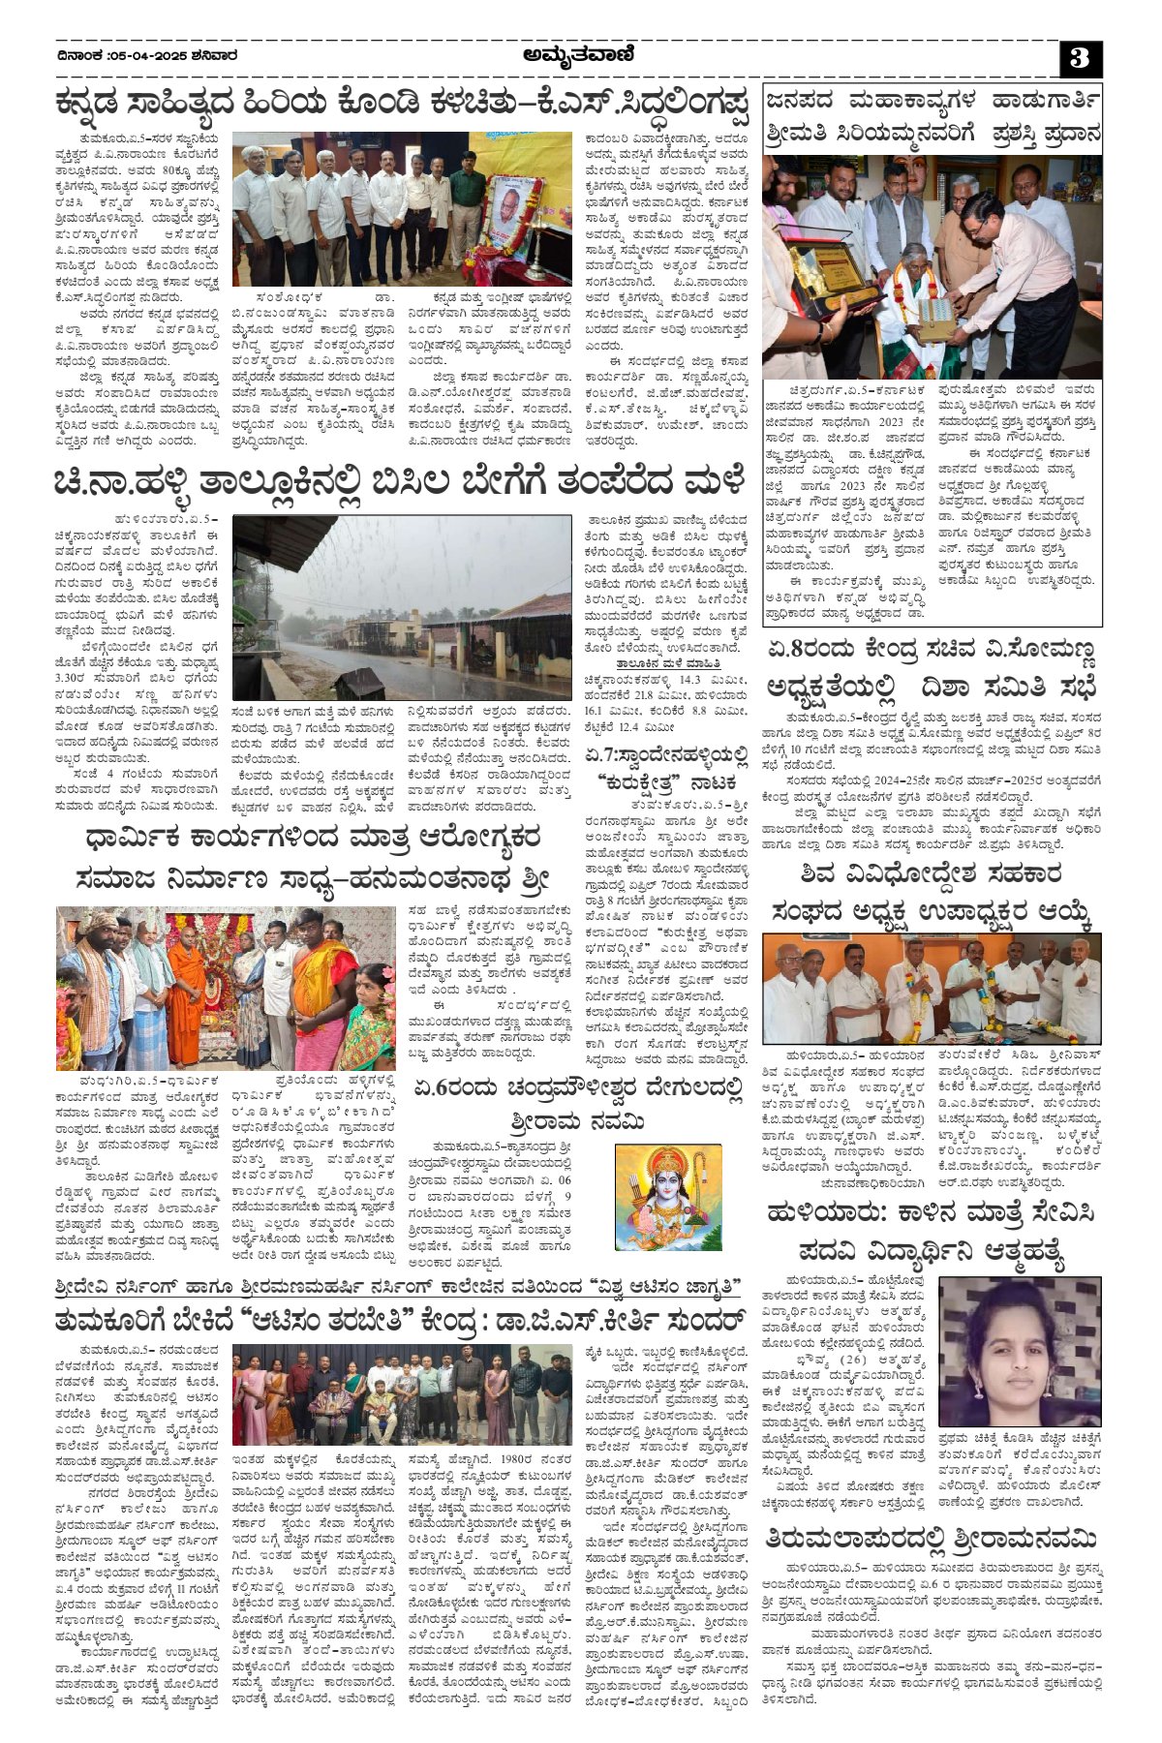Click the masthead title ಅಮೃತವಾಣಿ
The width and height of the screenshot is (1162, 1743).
578,56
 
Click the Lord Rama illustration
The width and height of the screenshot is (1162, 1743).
668,1196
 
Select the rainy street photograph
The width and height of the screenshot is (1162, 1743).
402,607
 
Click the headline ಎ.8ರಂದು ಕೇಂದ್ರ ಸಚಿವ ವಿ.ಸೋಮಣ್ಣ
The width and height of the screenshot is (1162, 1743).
931,649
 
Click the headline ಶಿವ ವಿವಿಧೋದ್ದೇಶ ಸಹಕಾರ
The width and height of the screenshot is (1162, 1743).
931,873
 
